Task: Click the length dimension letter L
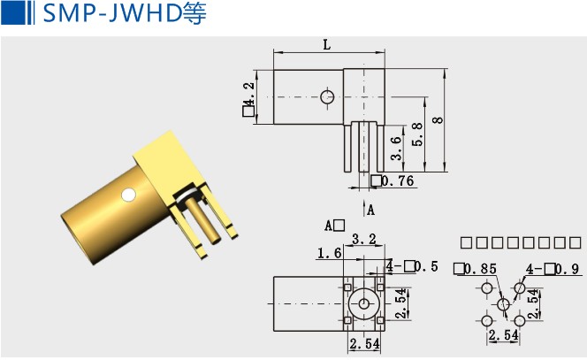327,43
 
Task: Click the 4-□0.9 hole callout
553,269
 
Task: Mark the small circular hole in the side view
328,96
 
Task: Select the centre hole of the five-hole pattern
503,304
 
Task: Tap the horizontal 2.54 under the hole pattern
503,335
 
